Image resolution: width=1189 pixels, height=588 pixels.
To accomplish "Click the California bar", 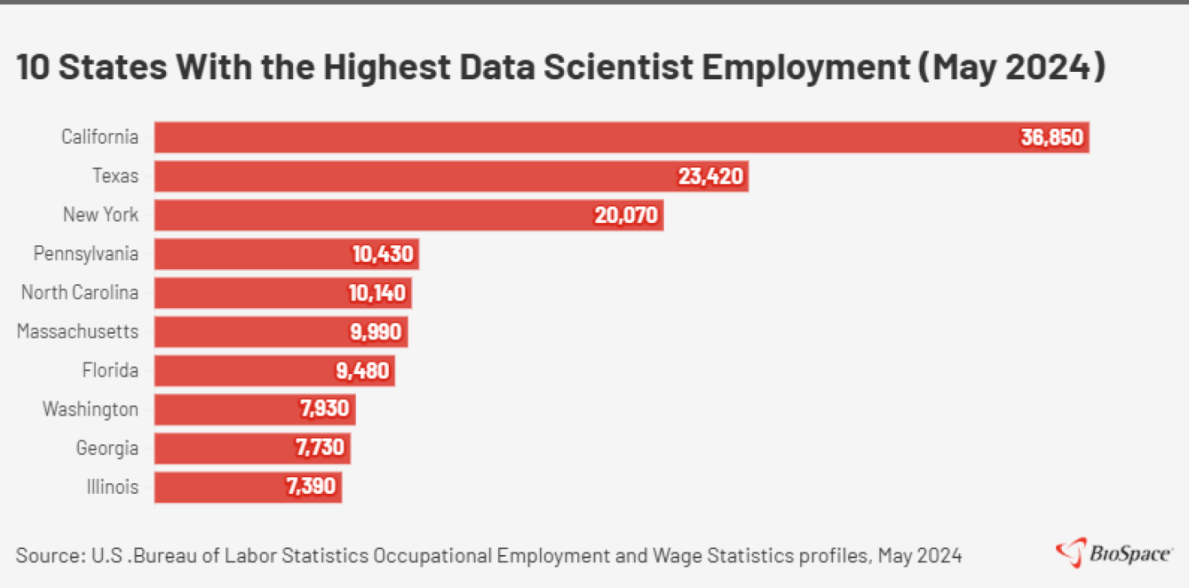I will [x=578, y=137].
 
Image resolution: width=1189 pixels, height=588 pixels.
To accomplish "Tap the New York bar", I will [x=372, y=215].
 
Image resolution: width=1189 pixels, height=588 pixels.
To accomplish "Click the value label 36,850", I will [x=1051, y=137].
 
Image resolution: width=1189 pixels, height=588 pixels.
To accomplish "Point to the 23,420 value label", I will [x=711, y=176].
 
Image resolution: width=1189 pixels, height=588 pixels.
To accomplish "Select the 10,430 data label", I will [x=381, y=254].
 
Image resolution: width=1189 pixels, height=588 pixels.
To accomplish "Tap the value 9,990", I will [x=376, y=332].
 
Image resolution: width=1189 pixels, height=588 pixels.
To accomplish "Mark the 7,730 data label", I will [x=319, y=448].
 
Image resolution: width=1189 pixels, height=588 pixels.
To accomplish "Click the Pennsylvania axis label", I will [x=86, y=254].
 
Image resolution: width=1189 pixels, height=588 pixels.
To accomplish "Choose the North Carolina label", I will [x=79, y=292].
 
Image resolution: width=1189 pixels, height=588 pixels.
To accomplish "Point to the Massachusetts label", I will [x=78, y=332].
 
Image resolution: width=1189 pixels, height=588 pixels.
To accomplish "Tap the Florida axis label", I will [x=110, y=371].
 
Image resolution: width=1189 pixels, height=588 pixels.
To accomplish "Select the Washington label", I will [x=91, y=410].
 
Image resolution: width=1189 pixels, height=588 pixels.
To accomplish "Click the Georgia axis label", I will [x=107, y=448].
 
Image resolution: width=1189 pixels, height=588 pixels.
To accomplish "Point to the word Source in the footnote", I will [x=43, y=555].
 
